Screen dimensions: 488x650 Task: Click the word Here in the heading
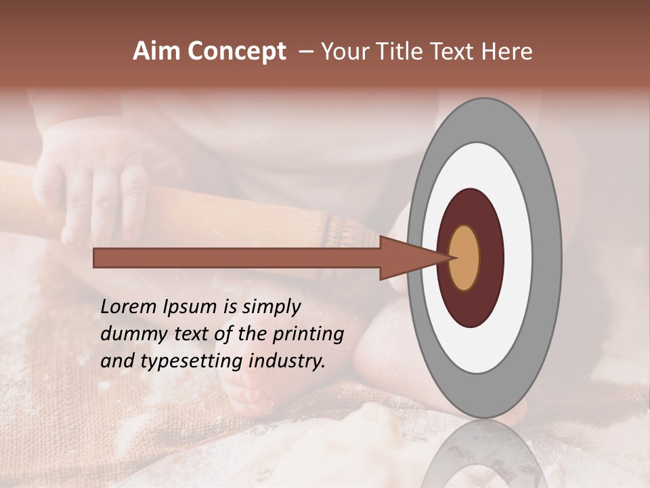click(x=507, y=52)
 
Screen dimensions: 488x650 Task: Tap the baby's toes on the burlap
click(x=244, y=396)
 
